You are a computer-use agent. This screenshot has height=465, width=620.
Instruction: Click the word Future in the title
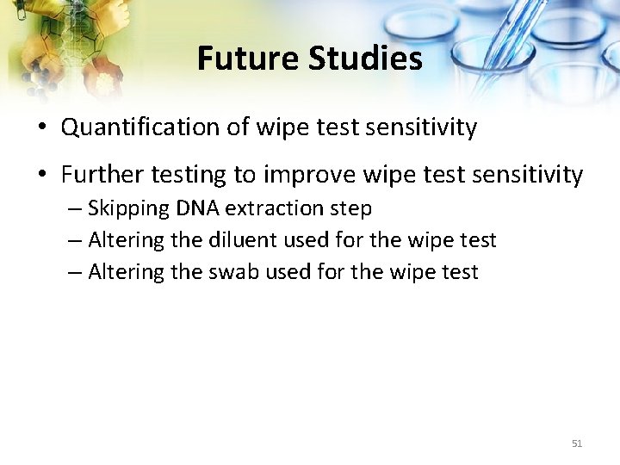tap(245, 59)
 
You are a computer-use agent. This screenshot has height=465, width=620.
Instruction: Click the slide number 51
tap(577, 443)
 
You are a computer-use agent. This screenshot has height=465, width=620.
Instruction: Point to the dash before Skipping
tap(74, 209)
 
